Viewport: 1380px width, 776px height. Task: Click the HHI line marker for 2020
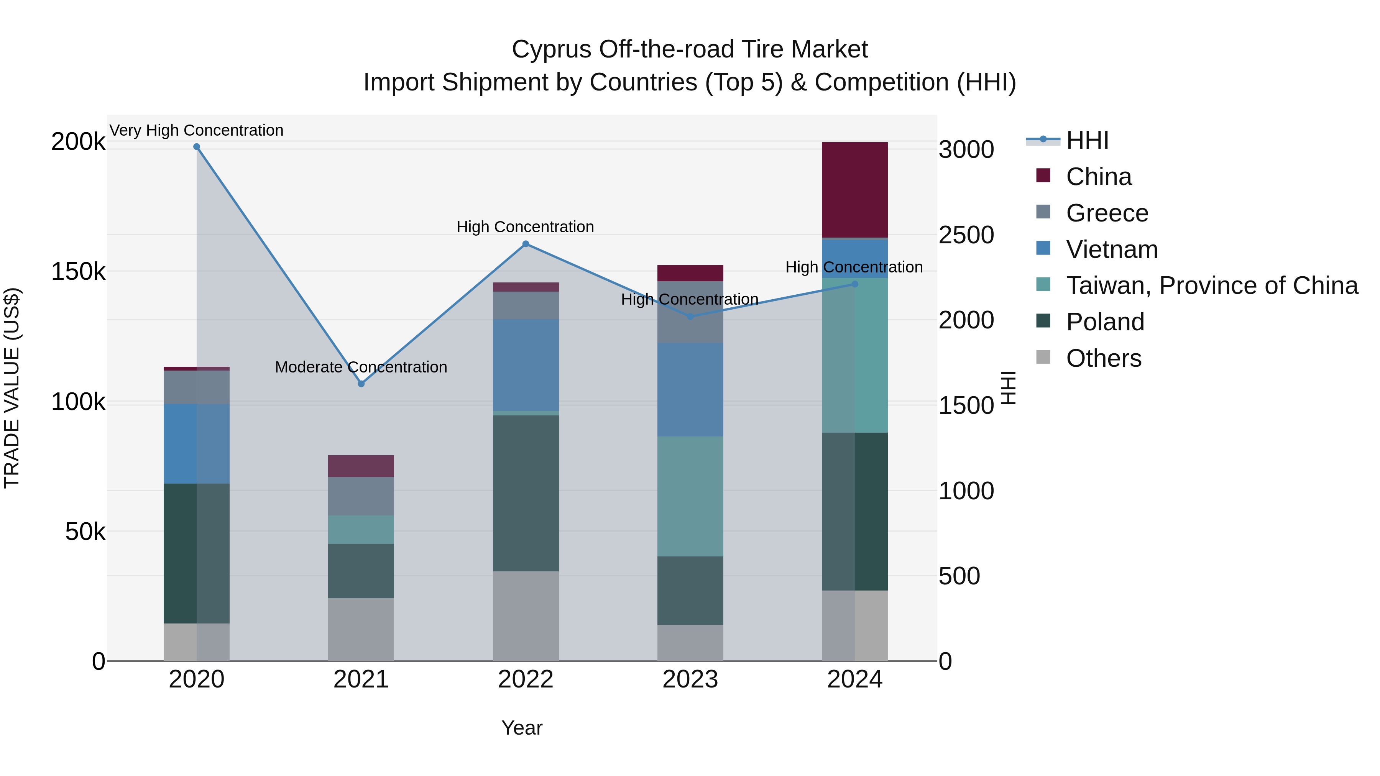[197, 147]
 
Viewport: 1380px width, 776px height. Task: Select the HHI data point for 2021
[361, 384]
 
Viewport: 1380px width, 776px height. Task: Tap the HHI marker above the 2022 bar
[526, 244]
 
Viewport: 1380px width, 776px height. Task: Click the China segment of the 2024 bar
[854, 190]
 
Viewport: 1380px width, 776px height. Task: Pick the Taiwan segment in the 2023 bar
[690, 496]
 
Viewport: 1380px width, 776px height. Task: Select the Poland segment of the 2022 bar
[526, 493]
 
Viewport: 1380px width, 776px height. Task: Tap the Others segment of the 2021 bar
[361, 629]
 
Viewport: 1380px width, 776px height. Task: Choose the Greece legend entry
[1107, 213]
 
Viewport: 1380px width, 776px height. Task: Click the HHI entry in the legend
[1087, 140]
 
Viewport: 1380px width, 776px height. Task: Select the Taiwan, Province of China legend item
[1212, 285]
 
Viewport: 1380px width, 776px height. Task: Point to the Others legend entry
[1104, 358]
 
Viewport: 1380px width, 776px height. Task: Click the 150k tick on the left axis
[78, 272]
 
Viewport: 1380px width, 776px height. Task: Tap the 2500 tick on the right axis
[966, 235]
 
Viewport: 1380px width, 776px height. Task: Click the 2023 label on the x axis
[690, 679]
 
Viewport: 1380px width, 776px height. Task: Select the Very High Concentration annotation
[197, 130]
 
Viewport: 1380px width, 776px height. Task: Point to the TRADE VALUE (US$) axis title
[12, 388]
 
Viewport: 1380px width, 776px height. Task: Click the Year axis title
[522, 728]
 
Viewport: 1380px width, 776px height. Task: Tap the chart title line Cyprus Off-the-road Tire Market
[690, 49]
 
